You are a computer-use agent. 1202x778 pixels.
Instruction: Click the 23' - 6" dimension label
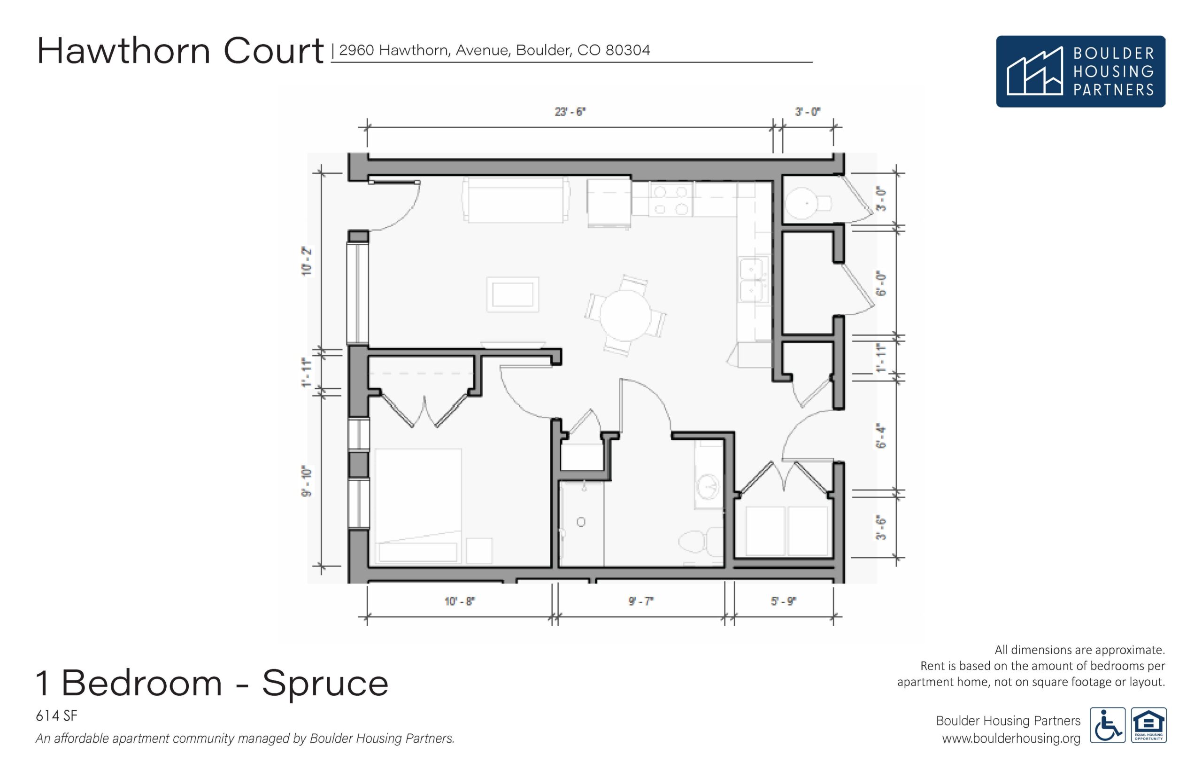(570, 112)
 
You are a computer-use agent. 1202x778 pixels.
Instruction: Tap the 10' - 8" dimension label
(459, 602)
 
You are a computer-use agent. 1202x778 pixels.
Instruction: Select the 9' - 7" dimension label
(640, 602)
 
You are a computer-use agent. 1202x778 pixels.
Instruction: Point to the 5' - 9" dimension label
(783, 602)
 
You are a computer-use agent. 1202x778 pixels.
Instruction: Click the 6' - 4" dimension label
(881, 436)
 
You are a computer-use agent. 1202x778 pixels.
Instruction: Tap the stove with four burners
(670, 200)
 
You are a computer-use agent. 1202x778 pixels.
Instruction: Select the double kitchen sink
(754, 279)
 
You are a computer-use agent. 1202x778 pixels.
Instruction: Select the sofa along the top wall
(516, 200)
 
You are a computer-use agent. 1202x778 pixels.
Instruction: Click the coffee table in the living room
(512, 294)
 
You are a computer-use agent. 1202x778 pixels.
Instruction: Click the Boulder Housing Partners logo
(1080, 71)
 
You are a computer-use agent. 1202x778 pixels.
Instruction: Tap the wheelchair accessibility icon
(1108, 725)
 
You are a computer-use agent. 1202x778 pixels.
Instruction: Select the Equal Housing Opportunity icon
(1148, 725)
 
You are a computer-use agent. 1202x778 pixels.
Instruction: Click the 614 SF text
(56, 716)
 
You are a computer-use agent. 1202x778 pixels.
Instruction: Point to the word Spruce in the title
(325, 683)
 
